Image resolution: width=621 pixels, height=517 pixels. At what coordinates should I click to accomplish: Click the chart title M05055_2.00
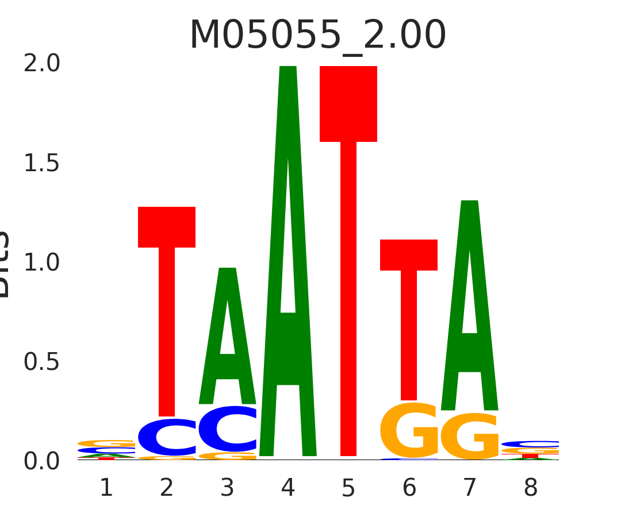(x=317, y=36)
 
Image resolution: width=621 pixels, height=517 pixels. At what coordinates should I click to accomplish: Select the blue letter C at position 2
(x=167, y=438)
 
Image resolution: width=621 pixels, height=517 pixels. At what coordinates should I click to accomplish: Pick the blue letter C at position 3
(x=228, y=430)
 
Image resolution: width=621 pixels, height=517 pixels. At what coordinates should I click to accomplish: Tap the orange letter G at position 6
(x=409, y=431)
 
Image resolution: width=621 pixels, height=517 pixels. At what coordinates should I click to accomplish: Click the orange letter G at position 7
(x=470, y=437)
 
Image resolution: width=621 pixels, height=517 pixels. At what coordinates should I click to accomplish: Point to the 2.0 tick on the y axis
(x=41, y=64)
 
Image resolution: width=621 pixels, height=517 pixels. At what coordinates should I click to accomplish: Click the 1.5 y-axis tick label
(x=41, y=164)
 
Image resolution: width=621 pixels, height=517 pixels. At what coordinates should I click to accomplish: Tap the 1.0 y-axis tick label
(x=41, y=263)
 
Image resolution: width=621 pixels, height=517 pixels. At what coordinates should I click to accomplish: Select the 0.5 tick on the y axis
(x=41, y=362)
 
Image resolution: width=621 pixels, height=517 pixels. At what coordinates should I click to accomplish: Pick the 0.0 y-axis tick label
(x=41, y=461)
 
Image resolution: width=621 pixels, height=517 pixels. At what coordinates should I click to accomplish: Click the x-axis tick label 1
(x=106, y=488)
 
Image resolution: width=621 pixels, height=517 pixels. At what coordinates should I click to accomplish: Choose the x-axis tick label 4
(x=288, y=488)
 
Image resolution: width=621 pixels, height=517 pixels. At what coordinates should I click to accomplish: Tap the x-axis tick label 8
(x=531, y=488)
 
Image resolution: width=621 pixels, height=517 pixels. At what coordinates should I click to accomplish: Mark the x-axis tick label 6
(x=409, y=488)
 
